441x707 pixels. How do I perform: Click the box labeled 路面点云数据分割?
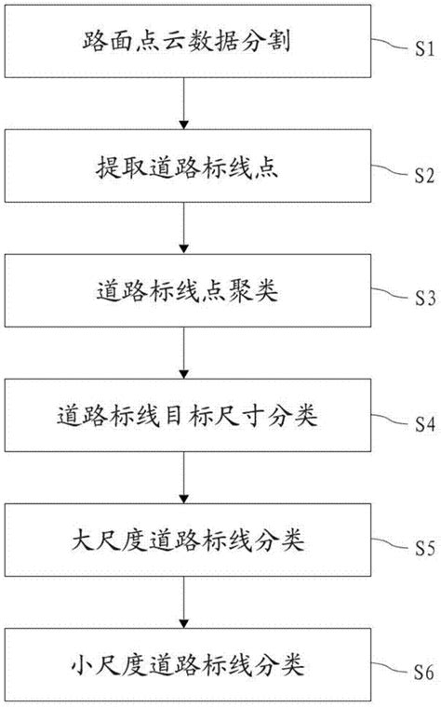tap(186, 43)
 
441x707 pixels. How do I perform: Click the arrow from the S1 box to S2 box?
tap(186, 104)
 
